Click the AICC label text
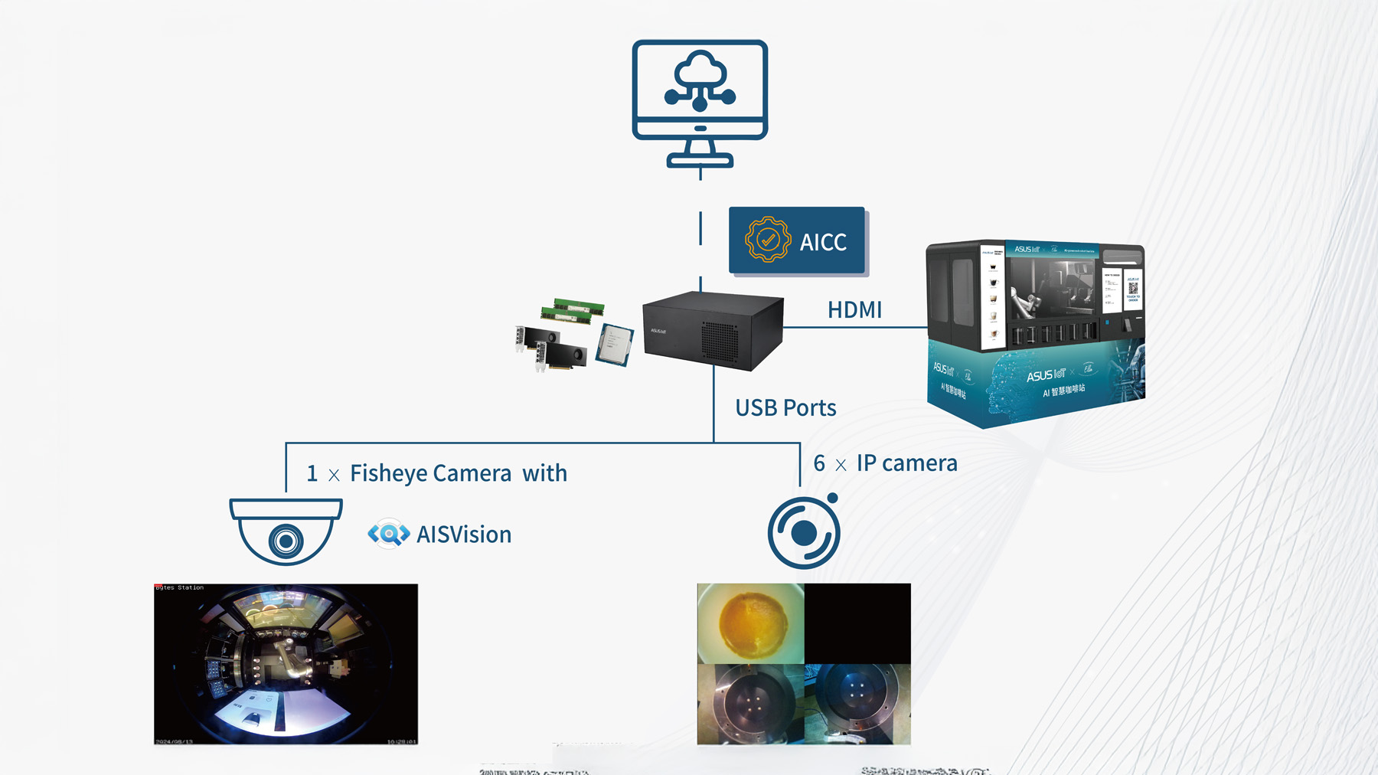[x=823, y=242]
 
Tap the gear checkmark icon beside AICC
[x=767, y=240]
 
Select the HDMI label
[x=854, y=310]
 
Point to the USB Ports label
[x=785, y=408]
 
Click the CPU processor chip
[x=615, y=344]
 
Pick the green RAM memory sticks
[x=573, y=311]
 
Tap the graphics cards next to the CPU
[x=553, y=348]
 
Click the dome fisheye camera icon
[x=286, y=531]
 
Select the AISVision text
[x=464, y=535]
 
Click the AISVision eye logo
[x=389, y=534]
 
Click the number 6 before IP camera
[x=819, y=463]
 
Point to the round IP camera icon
[x=804, y=532]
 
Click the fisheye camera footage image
[x=286, y=664]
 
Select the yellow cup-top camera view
[x=750, y=623]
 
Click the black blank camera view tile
[x=857, y=623]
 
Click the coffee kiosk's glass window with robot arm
[x=1052, y=287]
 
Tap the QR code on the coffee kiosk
[x=1132, y=288]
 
